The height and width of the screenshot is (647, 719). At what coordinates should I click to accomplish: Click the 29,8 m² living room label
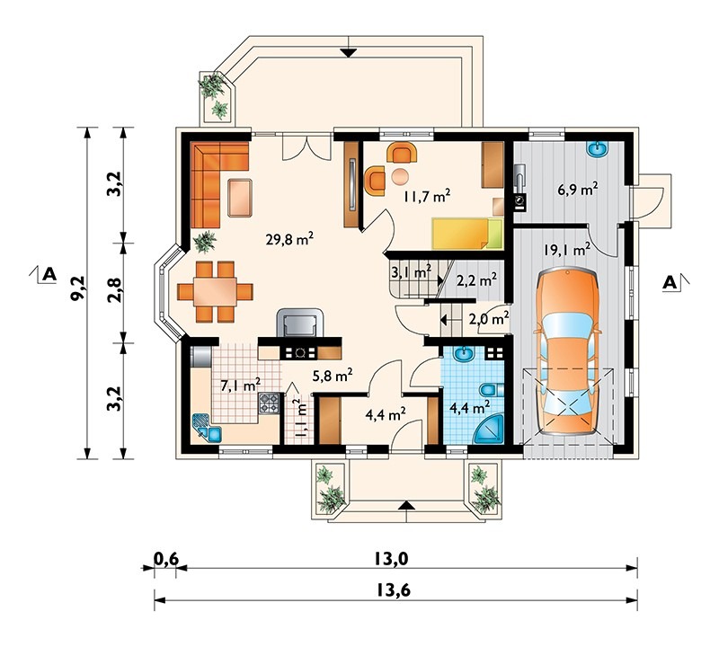point(289,239)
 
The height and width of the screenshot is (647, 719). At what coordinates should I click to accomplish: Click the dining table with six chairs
point(215,291)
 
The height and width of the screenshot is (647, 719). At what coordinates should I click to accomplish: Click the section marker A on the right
point(670,282)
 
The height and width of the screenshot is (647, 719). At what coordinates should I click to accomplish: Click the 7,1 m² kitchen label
point(240,386)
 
